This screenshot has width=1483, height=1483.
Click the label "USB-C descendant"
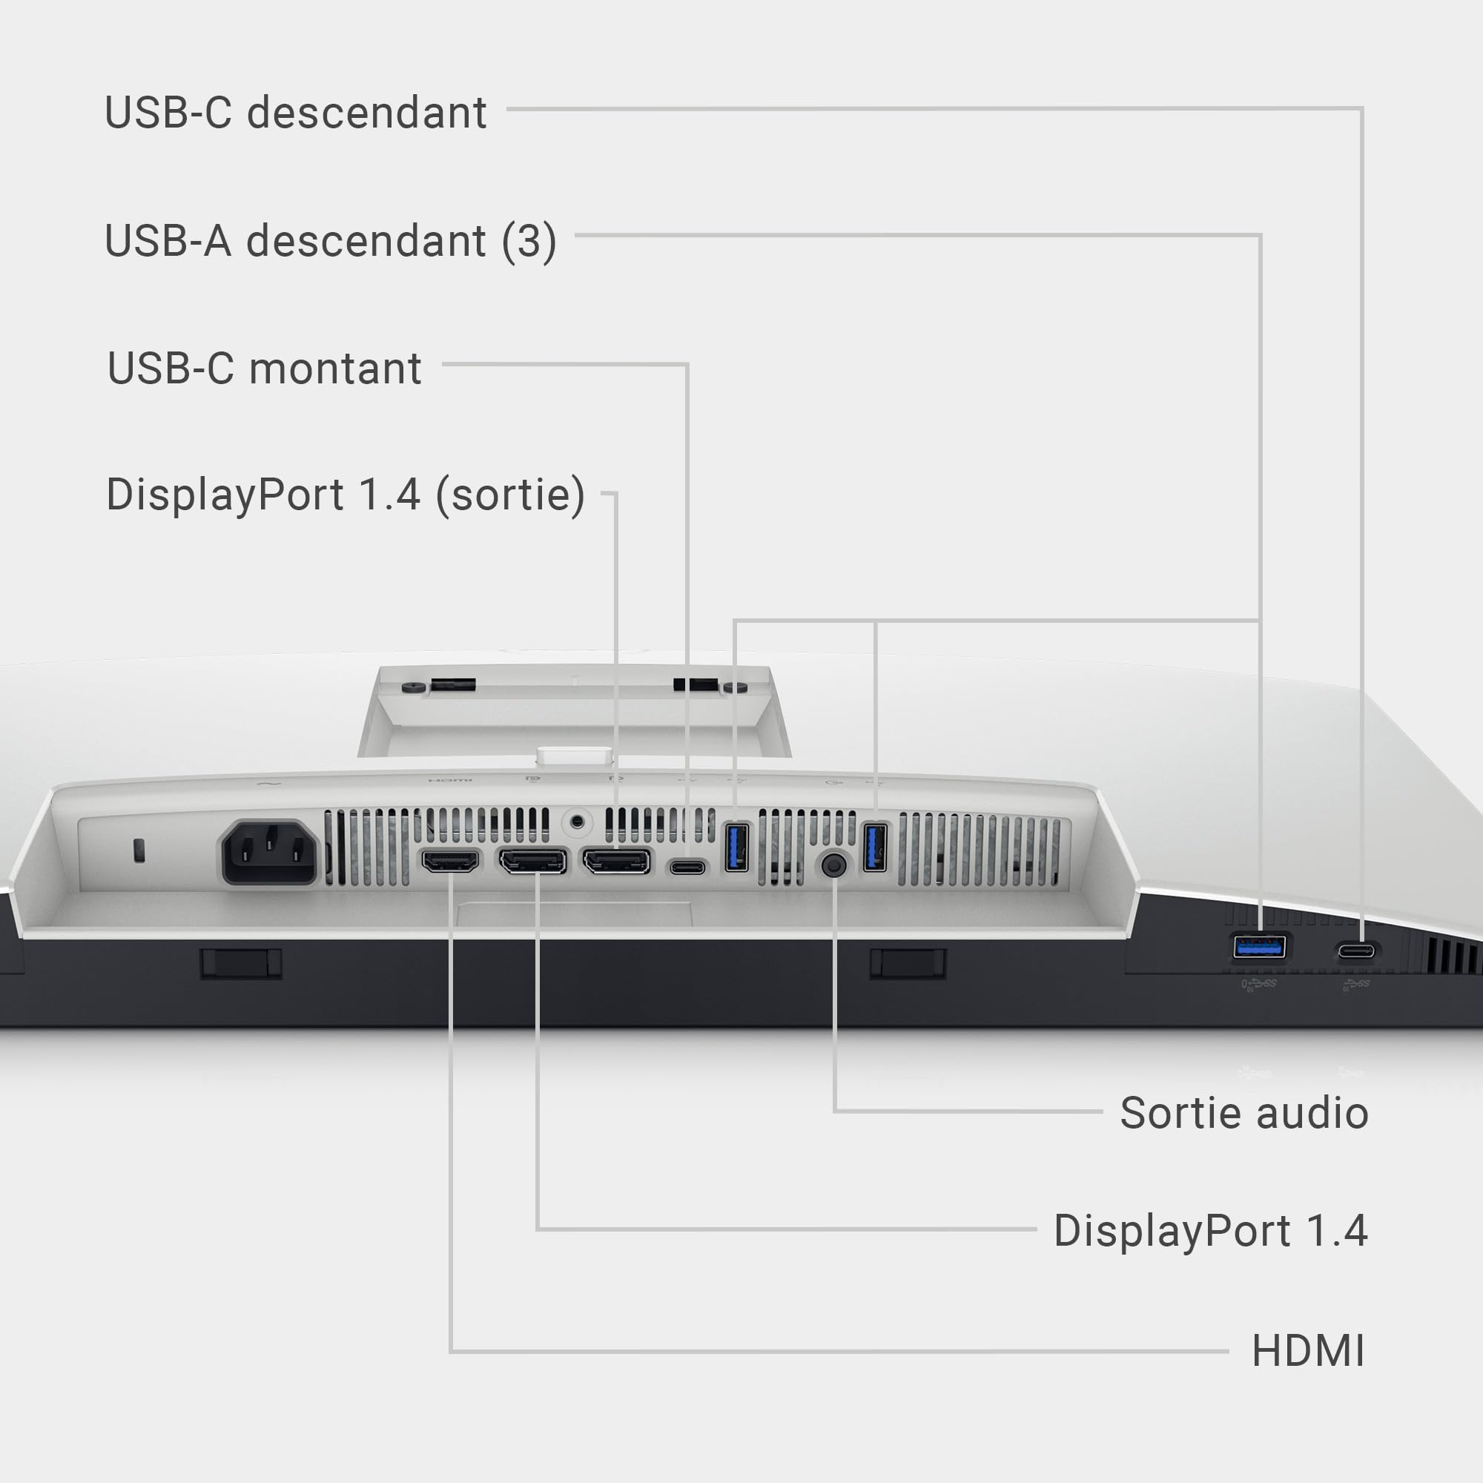coord(296,113)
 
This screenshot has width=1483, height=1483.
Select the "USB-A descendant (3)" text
coord(331,242)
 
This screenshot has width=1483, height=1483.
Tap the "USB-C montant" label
coord(264,369)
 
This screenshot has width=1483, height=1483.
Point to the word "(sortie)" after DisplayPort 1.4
coord(510,495)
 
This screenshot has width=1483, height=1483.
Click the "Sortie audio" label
coord(1244,1113)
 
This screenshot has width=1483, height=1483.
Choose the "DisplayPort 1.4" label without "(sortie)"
coord(1211,1231)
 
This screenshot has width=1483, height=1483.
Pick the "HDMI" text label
coord(1309,1351)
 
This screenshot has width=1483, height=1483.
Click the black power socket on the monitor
coord(269,852)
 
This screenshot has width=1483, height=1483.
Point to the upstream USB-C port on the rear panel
coord(688,868)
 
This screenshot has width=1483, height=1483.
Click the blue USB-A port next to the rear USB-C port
coord(737,847)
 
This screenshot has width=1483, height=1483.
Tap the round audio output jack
coord(833,865)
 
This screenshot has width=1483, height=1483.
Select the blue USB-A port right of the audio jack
coord(875,847)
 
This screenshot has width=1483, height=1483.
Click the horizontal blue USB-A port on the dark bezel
coord(1260,946)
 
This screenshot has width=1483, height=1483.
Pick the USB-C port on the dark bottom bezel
coord(1356,952)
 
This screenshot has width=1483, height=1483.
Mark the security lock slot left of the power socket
coord(139,850)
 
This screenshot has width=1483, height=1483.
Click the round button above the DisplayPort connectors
coord(576,823)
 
